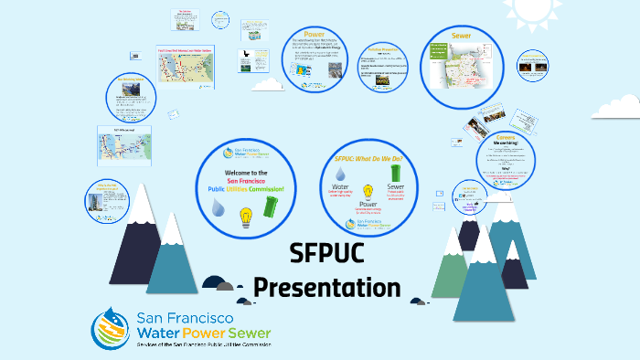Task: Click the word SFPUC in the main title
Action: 326,253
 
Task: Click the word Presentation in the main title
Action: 326,287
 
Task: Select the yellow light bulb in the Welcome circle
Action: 245,217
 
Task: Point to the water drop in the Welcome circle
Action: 218,208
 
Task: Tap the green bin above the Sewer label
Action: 396,173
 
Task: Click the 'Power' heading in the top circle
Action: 315,35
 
